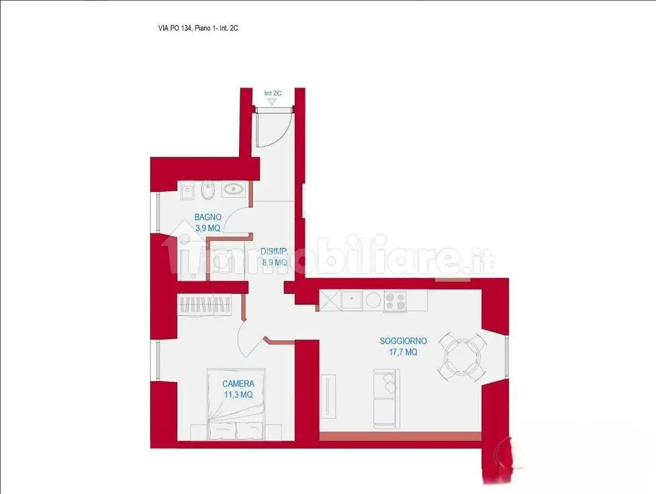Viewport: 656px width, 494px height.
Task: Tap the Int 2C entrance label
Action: [x=273, y=93]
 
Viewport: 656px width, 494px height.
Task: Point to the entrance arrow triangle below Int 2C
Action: [x=273, y=101]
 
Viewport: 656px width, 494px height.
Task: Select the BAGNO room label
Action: [x=208, y=217]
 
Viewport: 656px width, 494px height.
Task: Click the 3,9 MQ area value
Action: [x=208, y=228]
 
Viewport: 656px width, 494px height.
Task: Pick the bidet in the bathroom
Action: [x=207, y=191]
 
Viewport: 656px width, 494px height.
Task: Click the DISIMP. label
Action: [x=274, y=251]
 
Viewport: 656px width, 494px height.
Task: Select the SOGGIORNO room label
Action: [x=404, y=341]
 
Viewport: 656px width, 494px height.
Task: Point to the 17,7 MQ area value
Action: [x=404, y=352]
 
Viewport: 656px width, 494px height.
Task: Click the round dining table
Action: [x=462, y=357]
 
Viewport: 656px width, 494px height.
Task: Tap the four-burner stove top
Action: [x=395, y=301]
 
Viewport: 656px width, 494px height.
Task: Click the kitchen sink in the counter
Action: [x=352, y=301]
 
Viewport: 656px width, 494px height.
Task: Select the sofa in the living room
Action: [x=386, y=399]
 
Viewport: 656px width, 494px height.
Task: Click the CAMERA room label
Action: [x=239, y=384]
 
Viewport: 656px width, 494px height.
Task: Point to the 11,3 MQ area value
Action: [x=239, y=394]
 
